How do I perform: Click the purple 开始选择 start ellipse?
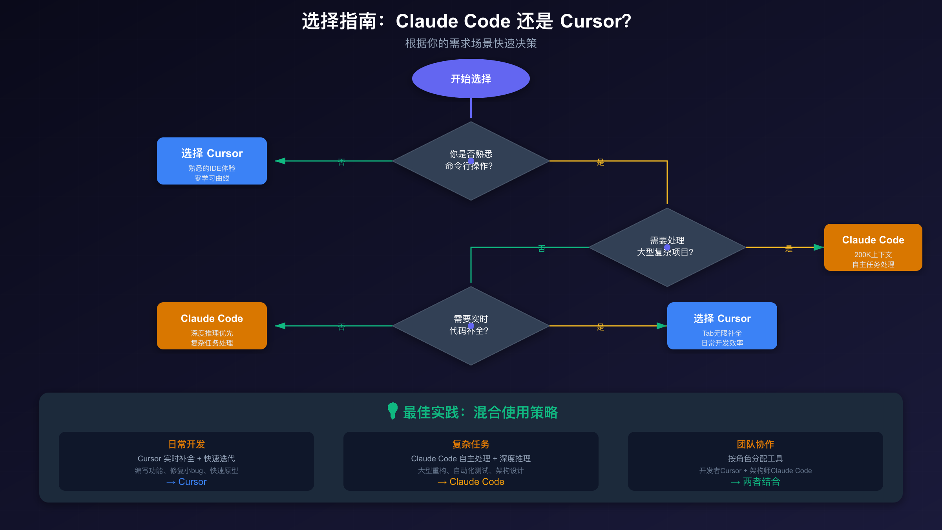[471, 79]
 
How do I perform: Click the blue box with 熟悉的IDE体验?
[212, 161]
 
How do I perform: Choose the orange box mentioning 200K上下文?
[873, 247]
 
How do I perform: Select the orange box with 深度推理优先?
[212, 326]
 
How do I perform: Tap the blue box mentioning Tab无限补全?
[722, 326]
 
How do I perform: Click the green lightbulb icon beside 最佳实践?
[392, 411]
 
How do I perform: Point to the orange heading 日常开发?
[186, 444]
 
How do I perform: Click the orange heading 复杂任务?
[471, 444]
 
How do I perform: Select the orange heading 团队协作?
[755, 444]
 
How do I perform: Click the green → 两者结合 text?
[755, 482]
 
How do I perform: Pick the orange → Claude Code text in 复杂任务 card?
[471, 482]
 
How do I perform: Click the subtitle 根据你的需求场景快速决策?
[471, 43]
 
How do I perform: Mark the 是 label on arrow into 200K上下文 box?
[789, 249]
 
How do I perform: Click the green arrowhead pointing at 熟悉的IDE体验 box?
[280, 161]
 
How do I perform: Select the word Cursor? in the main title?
[595, 21]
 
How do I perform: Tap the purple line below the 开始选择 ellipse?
[471, 108]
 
